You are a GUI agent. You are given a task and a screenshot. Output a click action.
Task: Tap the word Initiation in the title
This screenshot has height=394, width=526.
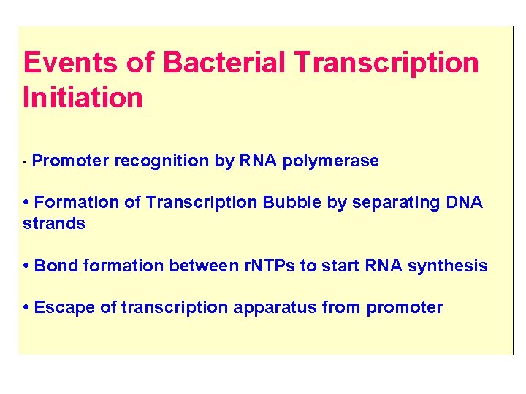coord(83,98)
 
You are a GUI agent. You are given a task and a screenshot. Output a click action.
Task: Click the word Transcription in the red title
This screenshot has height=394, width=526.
coord(386,63)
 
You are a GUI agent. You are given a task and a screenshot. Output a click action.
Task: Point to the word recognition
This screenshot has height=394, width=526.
coord(161,161)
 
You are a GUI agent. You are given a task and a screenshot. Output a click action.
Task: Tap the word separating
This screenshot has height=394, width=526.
coord(395,203)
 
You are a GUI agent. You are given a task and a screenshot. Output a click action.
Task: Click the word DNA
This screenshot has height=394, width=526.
coord(463,203)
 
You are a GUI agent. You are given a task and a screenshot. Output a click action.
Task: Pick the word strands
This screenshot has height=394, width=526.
coord(54,224)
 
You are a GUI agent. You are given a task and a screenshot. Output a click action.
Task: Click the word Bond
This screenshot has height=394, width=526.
coord(56,266)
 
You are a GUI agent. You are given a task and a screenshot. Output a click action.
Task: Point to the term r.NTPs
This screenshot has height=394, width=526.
coord(268,266)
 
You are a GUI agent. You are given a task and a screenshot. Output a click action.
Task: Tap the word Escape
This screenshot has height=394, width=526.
coord(64,307)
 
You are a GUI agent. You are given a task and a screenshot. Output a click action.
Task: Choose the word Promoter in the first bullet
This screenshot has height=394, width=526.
coord(71,161)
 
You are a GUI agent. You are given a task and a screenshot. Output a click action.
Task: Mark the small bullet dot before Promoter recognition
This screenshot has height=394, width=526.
coord(26,162)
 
